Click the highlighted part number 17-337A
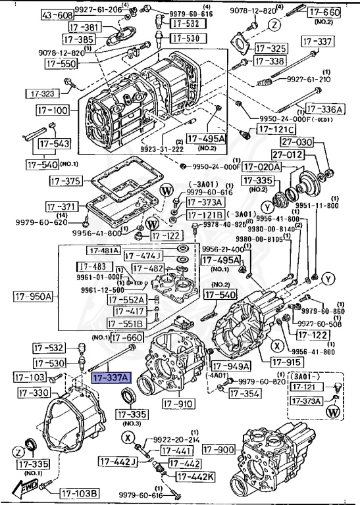coord(111,378)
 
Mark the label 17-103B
coord(79,493)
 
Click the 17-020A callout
coord(261,168)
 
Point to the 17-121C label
coord(275,130)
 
